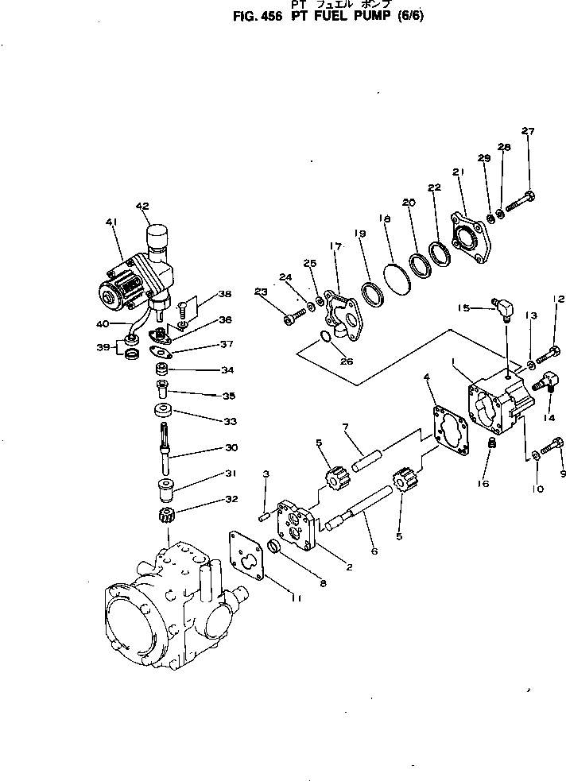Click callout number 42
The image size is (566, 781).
142,207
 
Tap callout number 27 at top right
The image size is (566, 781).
529,131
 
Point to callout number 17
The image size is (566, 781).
335,247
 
